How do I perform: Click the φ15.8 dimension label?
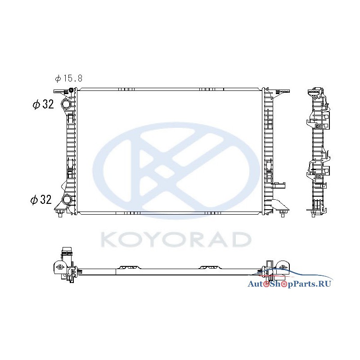[69, 78]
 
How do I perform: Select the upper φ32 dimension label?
[43, 104]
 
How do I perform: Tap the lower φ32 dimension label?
[41, 199]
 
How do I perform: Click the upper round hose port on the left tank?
[66, 104]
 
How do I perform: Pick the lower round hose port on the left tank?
[67, 199]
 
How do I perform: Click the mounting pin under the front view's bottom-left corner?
[60, 214]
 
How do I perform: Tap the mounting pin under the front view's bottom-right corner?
[283, 214]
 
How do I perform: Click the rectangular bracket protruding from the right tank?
[279, 185]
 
